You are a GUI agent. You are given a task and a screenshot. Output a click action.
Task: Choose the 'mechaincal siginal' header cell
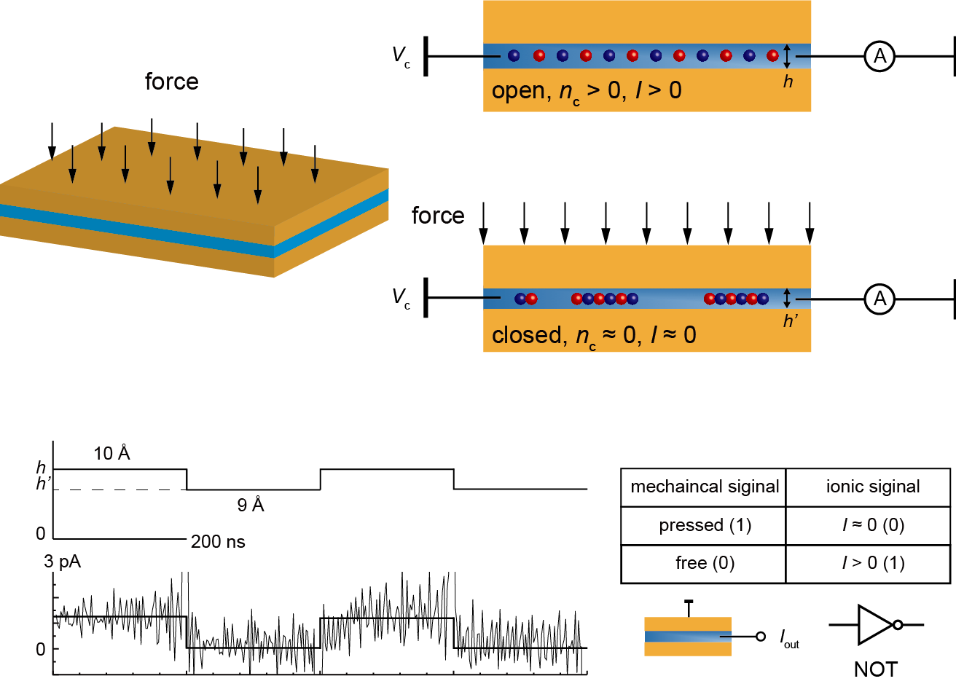[x=704, y=487]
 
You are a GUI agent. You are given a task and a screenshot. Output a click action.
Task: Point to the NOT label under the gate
[x=876, y=669]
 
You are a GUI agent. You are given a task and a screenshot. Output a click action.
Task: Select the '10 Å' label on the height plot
[x=111, y=452]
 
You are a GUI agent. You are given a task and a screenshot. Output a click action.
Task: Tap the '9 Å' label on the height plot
[x=251, y=504]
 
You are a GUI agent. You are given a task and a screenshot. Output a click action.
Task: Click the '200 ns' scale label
[x=218, y=542]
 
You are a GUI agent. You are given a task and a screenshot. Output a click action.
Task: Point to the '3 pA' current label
[x=63, y=562]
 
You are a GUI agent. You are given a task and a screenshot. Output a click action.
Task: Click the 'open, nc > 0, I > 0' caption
[x=587, y=91]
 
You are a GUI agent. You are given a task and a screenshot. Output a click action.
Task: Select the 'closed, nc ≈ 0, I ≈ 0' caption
[x=594, y=335]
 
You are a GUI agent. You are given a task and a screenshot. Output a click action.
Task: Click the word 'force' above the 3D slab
[x=171, y=82]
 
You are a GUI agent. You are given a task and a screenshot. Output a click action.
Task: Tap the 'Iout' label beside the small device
[x=790, y=639]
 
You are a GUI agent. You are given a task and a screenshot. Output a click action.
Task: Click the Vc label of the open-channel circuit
[x=401, y=56]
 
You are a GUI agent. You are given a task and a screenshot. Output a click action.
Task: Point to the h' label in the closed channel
[x=791, y=320]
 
